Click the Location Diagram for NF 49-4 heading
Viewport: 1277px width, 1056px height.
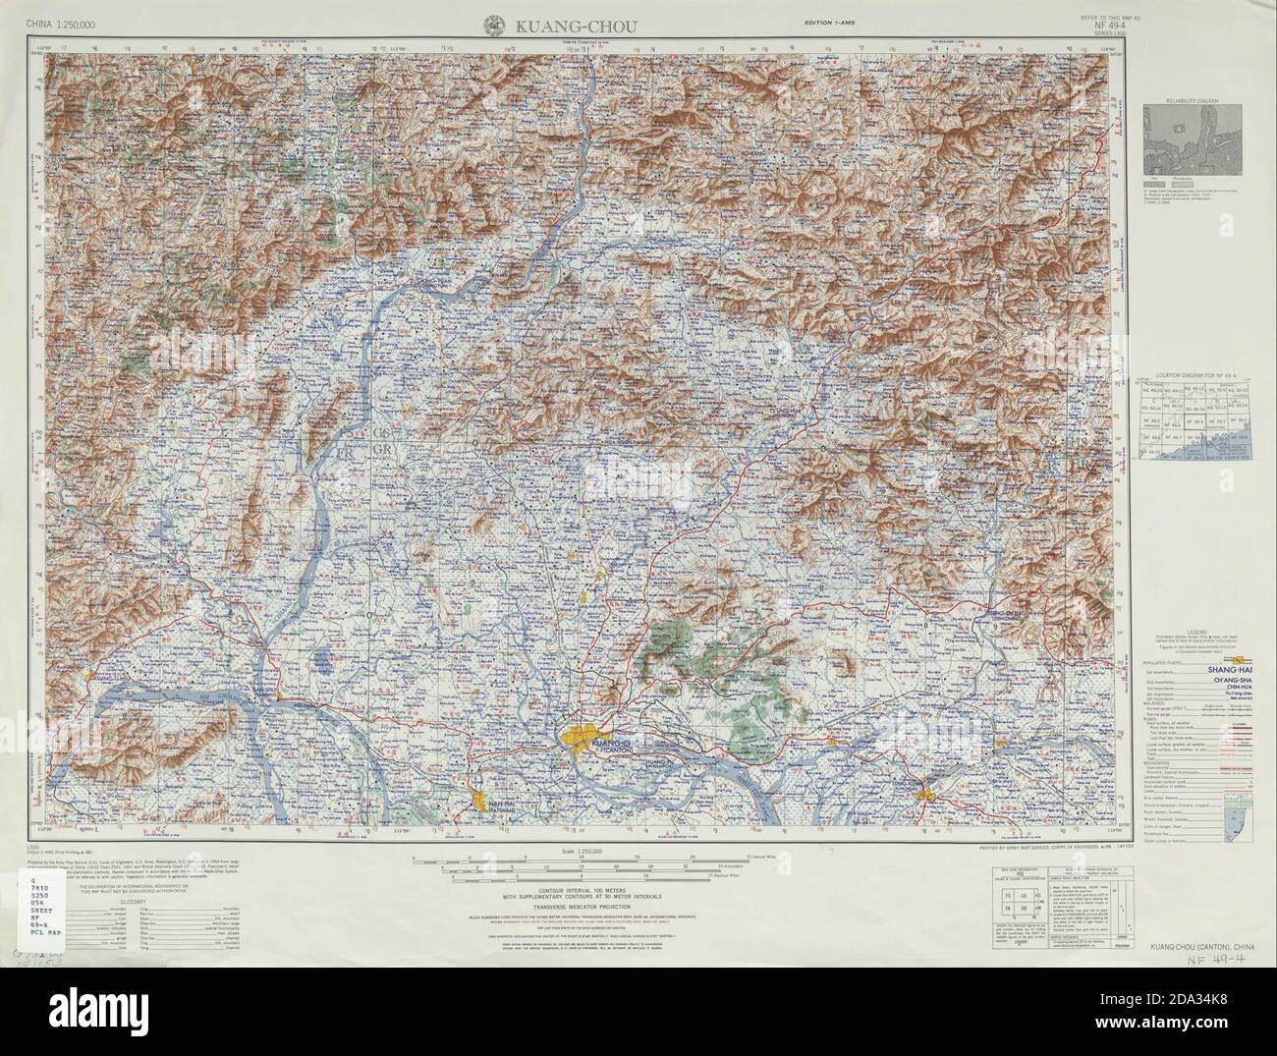(x=1194, y=376)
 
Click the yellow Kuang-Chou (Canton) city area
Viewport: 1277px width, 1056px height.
(x=583, y=737)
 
